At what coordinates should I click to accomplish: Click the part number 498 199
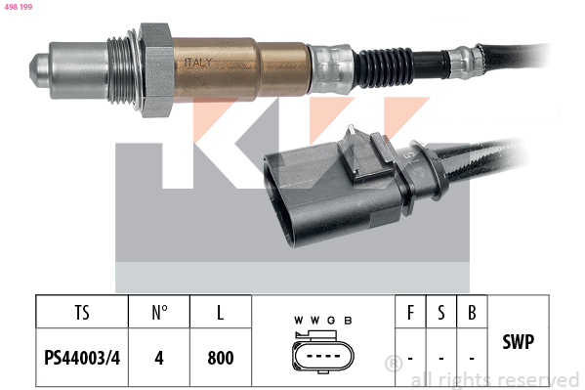click(19, 7)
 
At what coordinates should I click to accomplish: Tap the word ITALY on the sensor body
click(198, 62)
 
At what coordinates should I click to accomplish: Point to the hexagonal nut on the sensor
click(156, 69)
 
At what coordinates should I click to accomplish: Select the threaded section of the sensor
click(120, 70)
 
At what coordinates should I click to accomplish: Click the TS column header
click(82, 313)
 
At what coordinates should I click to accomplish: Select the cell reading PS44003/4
click(82, 358)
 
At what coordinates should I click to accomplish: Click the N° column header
click(159, 313)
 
